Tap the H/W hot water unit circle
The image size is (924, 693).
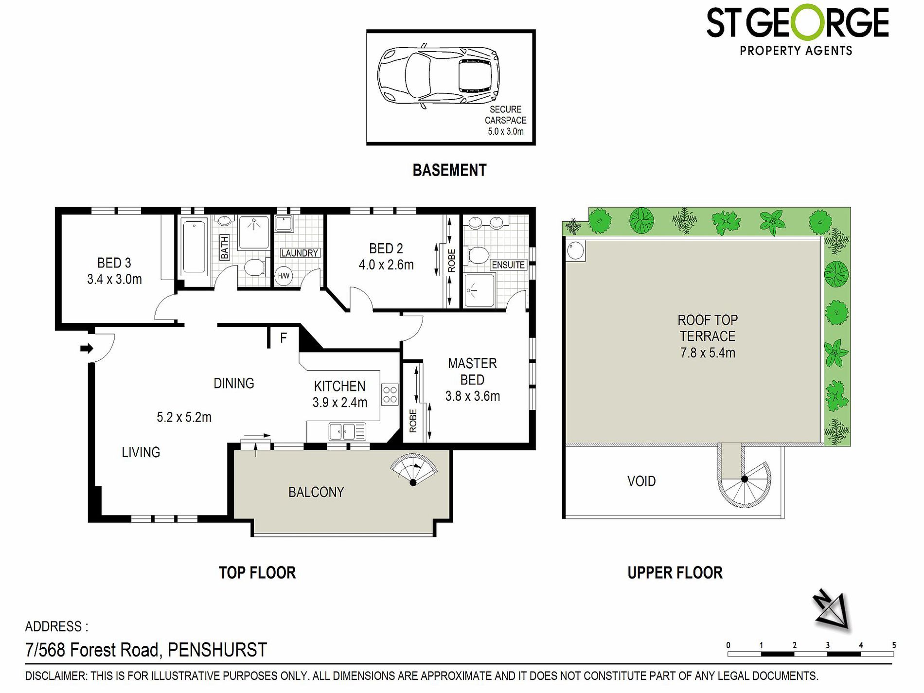(283, 276)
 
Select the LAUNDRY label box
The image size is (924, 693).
(300, 253)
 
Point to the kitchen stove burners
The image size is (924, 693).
(390, 394)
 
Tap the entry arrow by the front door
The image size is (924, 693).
(87, 348)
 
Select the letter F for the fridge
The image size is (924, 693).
(284, 338)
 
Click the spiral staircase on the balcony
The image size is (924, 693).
(413, 470)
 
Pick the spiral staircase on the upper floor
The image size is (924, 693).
(744, 479)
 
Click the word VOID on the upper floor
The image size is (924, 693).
(641, 481)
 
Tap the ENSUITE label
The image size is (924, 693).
(508, 265)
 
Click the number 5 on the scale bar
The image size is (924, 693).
(894, 645)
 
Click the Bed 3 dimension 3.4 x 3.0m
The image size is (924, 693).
(115, 280)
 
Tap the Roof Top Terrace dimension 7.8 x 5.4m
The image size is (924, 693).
(708, 353)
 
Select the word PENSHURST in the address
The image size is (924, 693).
(217, 650)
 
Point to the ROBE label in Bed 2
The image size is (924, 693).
(452, 261)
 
